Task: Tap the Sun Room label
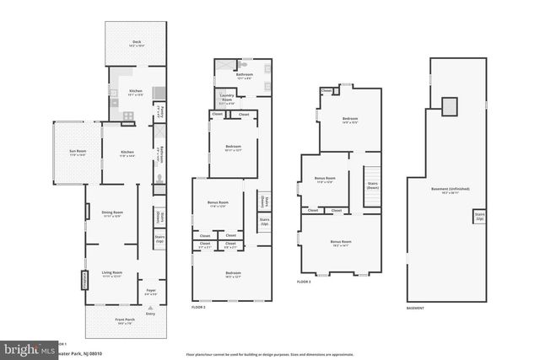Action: click(78, 153)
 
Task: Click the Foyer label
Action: click(151, 292)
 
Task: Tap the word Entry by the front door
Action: click(151, 314)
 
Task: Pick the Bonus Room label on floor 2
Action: click(218, 205)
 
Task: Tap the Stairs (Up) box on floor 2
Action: click(264, 222)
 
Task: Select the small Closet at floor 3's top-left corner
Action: click(326, 91)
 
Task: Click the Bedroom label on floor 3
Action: click(349, 121)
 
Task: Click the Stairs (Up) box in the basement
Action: click(479, 216)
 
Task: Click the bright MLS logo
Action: click(25, 348)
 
